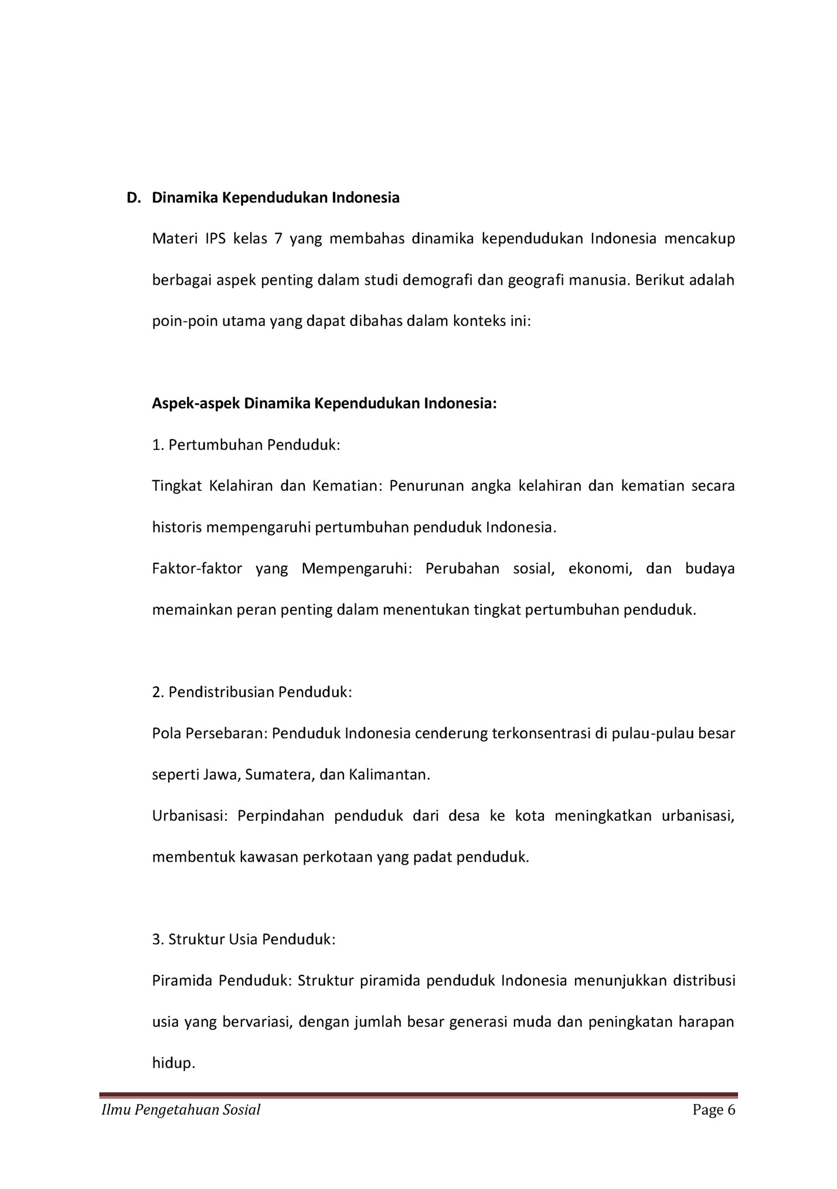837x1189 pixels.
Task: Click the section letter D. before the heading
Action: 134,198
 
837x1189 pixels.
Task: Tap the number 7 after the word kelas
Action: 278,239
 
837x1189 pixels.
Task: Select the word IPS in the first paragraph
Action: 216,239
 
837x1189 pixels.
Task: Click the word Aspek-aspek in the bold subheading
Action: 196,404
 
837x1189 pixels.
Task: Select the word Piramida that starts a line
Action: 182,981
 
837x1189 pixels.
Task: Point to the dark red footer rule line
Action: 418,1095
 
